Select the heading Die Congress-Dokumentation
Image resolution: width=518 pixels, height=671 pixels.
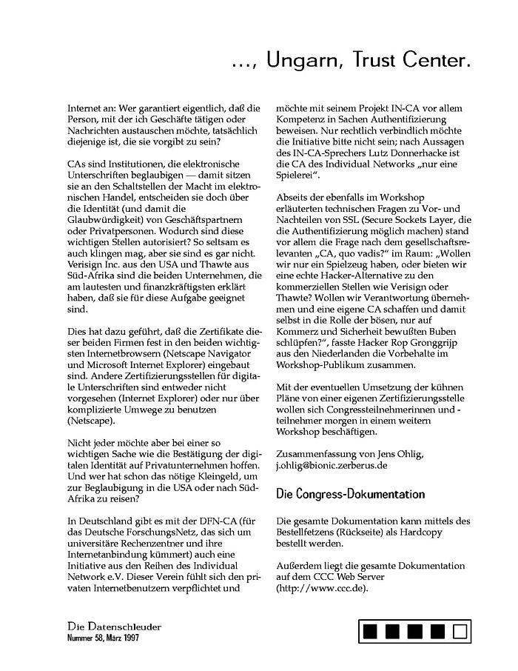coord(350,493)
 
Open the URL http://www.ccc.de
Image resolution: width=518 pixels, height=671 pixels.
coord(321,589)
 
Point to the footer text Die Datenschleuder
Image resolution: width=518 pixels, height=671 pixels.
coord(114,627)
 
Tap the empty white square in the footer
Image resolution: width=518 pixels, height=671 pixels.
coord(460,632)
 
